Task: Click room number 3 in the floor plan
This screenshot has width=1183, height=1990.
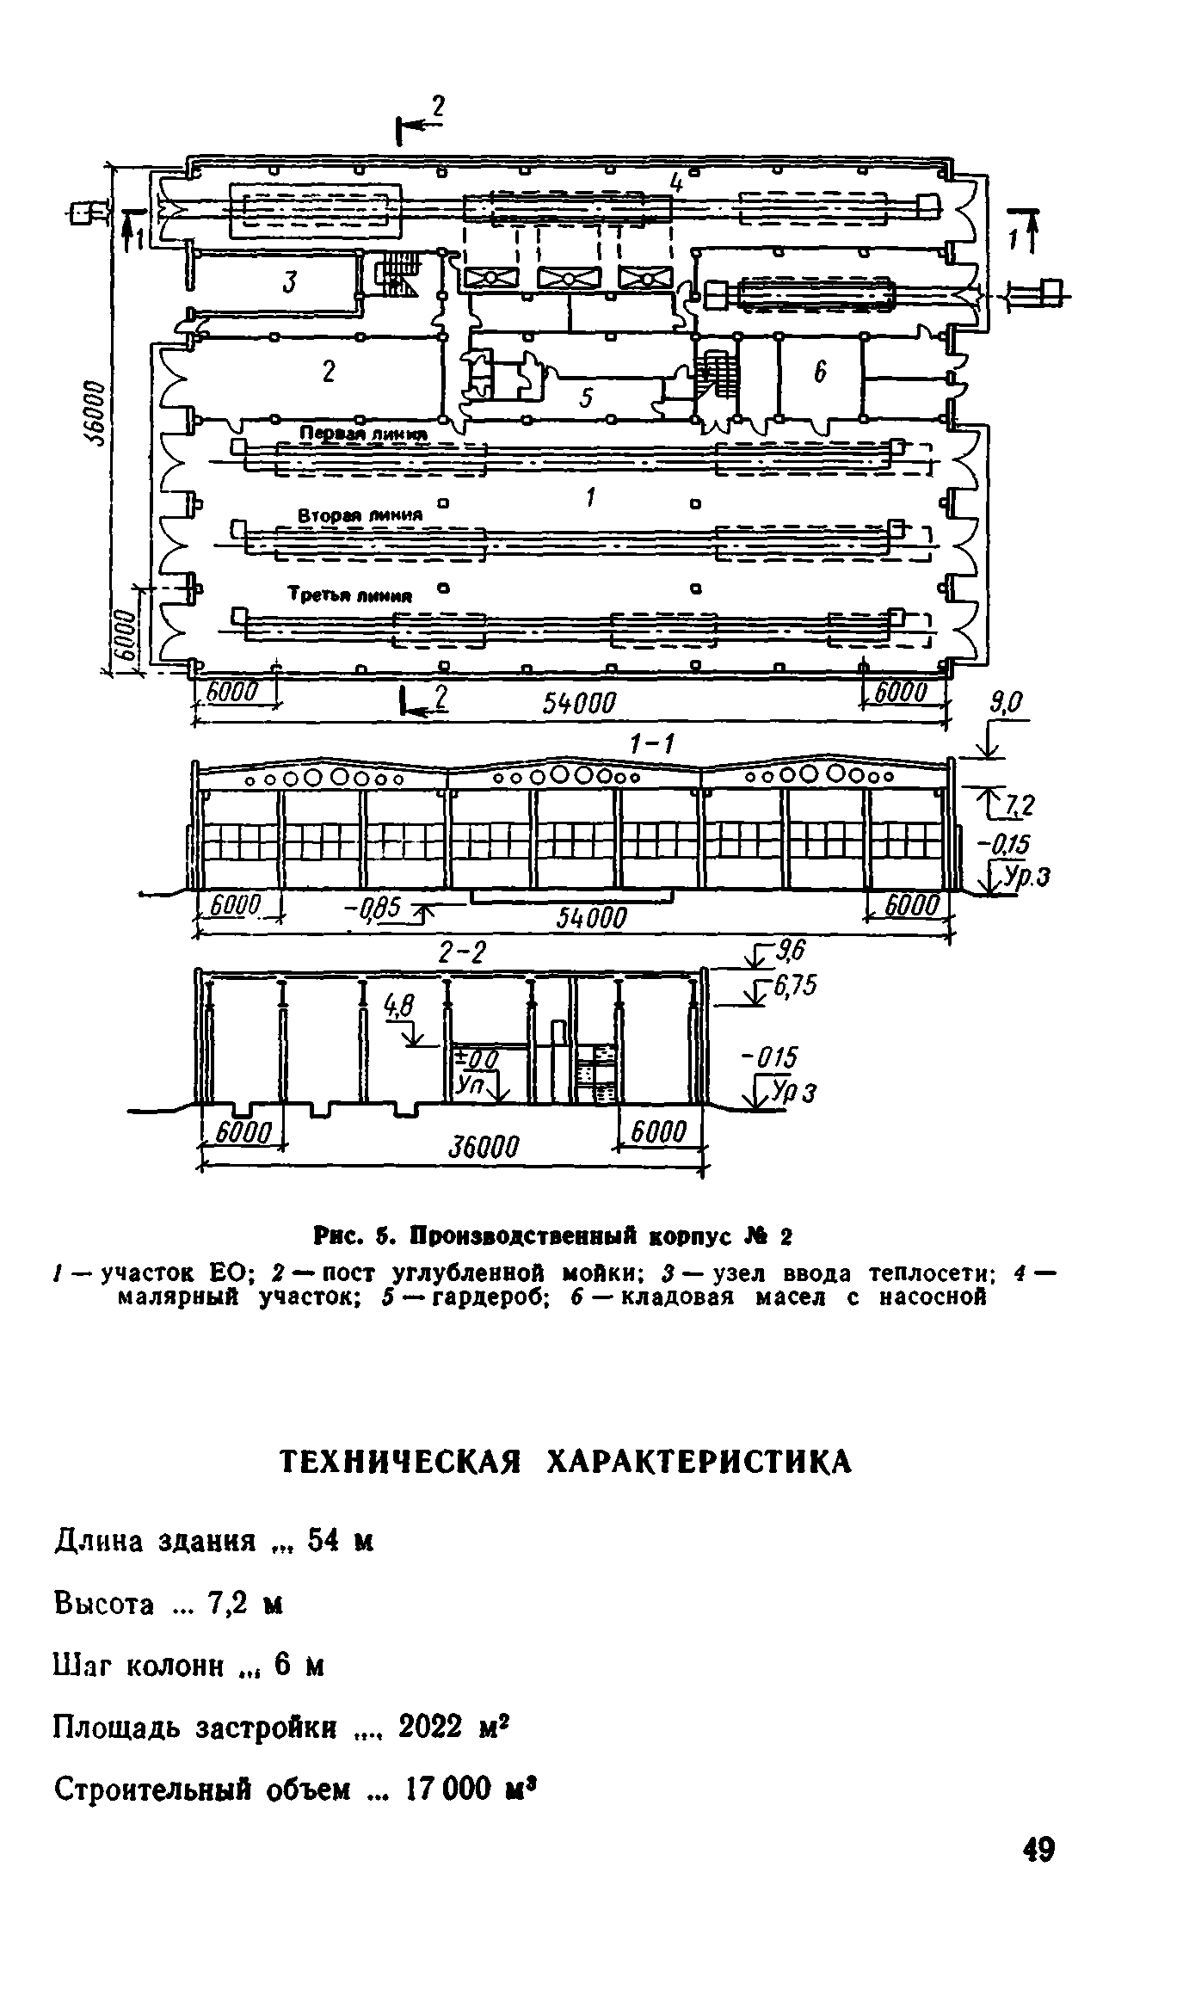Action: point(290,281)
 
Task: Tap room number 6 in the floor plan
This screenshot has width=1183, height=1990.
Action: point(819,372)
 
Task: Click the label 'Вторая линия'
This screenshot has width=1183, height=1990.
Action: point(360,514)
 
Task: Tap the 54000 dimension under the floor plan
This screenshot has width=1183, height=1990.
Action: point(579,704)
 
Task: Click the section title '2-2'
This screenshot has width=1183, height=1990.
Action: point(462,953)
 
